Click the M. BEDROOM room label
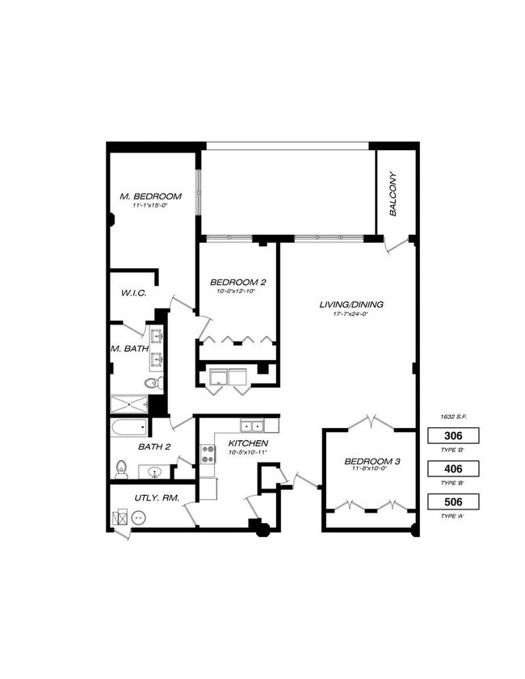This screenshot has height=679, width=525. (150, 196)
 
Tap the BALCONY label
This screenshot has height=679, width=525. (393, 194)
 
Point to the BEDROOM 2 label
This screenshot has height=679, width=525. (238, 282)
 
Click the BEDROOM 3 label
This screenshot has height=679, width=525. (372, 462)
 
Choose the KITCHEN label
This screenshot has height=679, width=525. (248, 443)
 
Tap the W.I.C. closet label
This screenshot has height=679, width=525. (133, 293)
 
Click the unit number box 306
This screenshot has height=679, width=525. (454, 436)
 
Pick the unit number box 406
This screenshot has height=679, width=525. (454, 469)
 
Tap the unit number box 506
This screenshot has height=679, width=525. (454, 502)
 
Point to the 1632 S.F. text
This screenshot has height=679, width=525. (454, 416)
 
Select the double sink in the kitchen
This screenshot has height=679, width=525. (250, 425)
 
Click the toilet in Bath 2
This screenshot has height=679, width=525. (121, 467)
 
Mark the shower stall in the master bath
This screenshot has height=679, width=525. (128, 404)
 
